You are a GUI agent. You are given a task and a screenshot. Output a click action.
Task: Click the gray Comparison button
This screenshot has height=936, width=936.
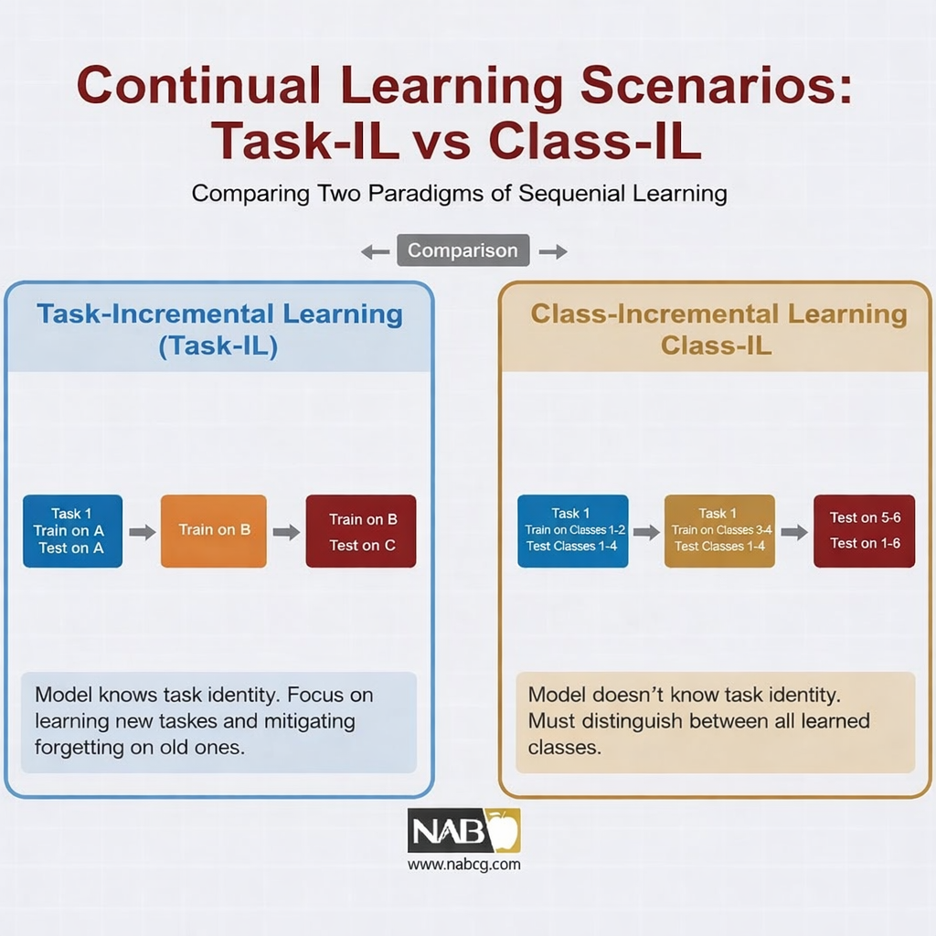click(463, 250)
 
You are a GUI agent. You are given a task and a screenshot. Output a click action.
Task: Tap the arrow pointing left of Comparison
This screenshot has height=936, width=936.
click(376, 252)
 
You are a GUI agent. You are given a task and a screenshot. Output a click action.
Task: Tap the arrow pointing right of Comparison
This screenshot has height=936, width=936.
click(553, 252)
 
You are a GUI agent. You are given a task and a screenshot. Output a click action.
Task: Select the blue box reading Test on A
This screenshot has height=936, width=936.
click(73, 531)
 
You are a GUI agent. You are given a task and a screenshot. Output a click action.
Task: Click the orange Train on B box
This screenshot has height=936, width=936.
click(214, 531)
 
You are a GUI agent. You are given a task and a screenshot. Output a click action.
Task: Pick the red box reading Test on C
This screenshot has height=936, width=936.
click(361, 531)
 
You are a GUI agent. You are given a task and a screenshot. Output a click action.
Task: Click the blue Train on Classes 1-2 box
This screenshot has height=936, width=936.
click(573, 531)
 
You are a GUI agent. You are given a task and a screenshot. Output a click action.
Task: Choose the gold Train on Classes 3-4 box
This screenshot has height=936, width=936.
click(720, 531)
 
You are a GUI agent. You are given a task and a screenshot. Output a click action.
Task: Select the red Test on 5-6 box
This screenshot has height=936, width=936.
click(865, 531)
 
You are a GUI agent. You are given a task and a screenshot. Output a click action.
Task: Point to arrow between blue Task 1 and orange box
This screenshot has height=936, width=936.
click(142, 532)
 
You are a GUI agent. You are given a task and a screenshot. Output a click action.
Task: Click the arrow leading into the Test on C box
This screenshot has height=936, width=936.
click(286, 532)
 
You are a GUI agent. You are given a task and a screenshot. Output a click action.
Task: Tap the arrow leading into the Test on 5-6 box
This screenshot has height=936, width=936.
click(794, 532)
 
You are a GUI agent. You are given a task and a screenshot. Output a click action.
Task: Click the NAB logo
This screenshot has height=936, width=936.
click(463, 830)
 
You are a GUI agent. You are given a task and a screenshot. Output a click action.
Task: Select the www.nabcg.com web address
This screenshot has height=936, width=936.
click(463, 865)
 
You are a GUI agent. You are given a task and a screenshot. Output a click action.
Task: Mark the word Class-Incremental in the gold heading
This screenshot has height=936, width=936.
click(654, 314)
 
